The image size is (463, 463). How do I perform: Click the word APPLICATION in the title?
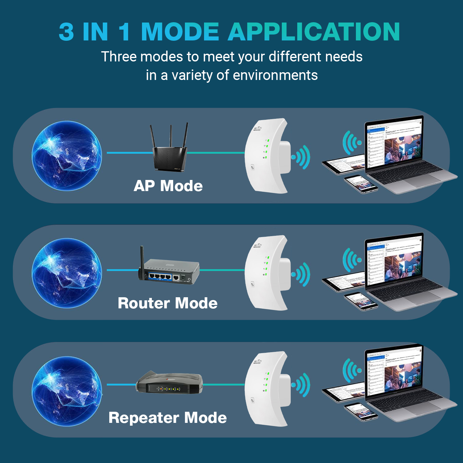(314, 32)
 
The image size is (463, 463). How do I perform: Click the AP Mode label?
(168, 186)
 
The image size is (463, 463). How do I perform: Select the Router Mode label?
(168, 303)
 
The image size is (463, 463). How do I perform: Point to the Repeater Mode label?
(168, 418)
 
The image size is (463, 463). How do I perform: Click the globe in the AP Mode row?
(67, 156)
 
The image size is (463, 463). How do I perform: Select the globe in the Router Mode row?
(67, 273)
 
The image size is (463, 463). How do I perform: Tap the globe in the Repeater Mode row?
(67, 391)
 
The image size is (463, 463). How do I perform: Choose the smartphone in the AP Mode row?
(361, 184)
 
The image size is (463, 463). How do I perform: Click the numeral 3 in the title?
(66, 32)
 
